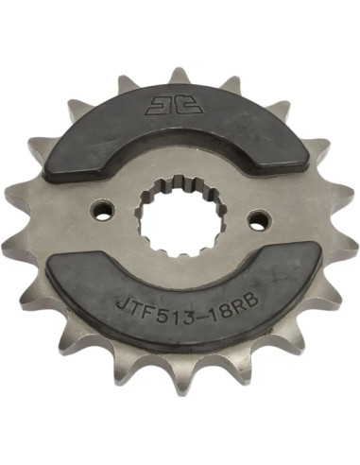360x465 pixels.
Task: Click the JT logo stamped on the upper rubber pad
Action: tap(174, 105)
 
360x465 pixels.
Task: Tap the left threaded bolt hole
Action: tap(102, 211)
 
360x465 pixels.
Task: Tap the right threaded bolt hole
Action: tap(259, 218)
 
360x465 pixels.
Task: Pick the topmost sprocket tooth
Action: tap(179, 75)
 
